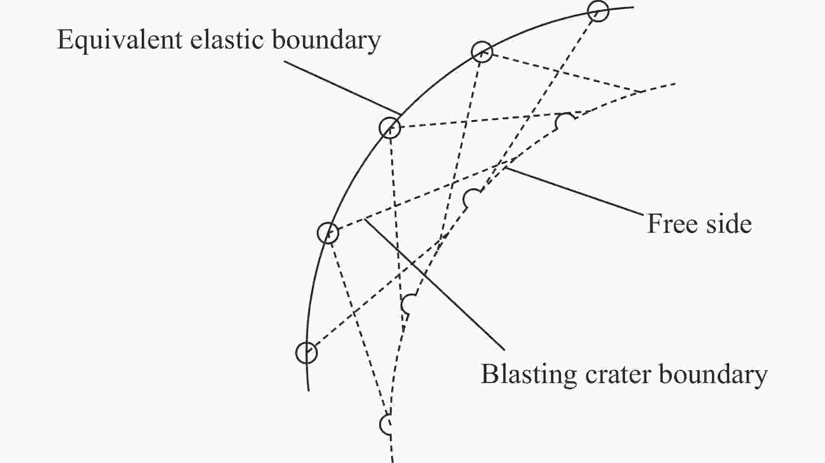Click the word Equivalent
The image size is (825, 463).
pos(120,40)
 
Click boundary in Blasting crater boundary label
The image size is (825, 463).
pos(713,375)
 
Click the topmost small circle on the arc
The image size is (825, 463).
pos(598,11)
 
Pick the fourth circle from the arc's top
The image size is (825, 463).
pos(328,232)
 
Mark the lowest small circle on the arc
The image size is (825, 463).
pos(306,352)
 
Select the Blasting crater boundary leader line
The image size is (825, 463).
pos(434,284)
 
